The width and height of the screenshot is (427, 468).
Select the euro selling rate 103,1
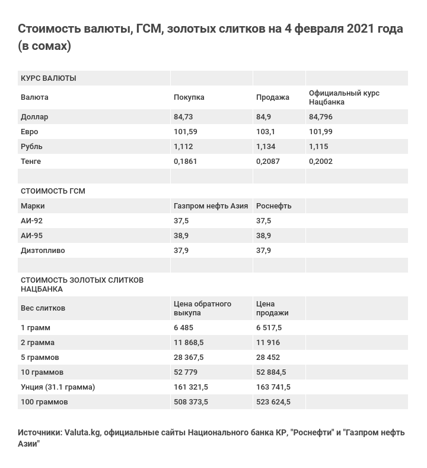click(266, 132)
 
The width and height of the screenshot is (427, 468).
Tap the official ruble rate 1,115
click(318, 147)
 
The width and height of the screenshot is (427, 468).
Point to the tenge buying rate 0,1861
click(186, 162)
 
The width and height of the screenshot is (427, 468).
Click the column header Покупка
click(189, 97)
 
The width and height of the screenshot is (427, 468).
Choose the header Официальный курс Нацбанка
click(344, 97)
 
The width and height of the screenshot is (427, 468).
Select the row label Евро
click(30, 132)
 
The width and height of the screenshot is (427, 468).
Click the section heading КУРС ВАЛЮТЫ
click(49, 78)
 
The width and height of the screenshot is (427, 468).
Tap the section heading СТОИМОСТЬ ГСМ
click(53, 191)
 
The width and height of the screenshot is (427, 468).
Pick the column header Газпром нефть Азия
click(211, 206)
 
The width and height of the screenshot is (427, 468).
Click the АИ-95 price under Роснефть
click(264, 236)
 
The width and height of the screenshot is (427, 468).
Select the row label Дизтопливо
click(43, 251)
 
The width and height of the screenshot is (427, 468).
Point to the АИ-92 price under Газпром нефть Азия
click(181, 221)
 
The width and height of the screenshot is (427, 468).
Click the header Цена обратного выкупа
click(202, 308)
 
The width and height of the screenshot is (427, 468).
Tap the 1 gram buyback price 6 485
click(184, 328)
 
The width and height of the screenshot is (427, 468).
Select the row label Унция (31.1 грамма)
click(58, 387)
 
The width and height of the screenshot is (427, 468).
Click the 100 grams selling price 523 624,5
click(273, 402)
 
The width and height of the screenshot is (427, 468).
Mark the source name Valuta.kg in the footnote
click(82, 432)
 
